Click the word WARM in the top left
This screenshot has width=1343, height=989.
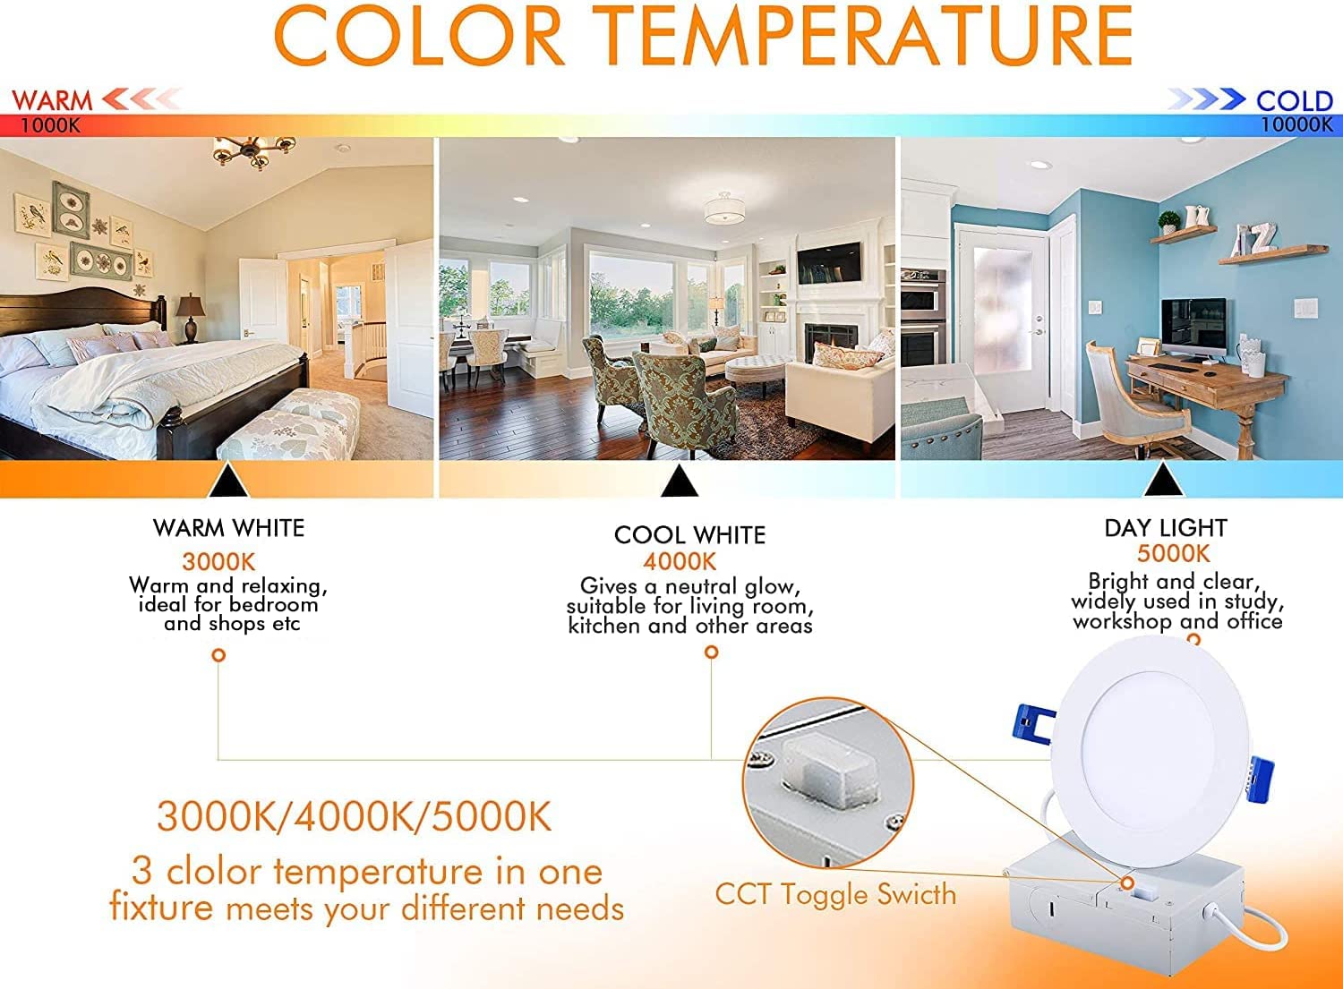click(52, 99)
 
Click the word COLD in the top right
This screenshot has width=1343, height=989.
click(1294, 100)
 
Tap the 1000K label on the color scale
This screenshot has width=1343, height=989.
click(50, 125)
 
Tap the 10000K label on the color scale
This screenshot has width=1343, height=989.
click(1296, 125)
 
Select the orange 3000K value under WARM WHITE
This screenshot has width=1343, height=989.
click(218, 562)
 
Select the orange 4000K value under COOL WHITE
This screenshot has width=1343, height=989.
click(680, 562)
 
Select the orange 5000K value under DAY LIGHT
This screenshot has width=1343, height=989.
click(1173, 554)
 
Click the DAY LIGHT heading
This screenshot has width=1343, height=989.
click(1165, 528)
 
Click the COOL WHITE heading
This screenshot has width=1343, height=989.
click(689, 535)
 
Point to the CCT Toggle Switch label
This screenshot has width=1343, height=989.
click(835, 894)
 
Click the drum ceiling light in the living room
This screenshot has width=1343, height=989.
click(728, 209)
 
